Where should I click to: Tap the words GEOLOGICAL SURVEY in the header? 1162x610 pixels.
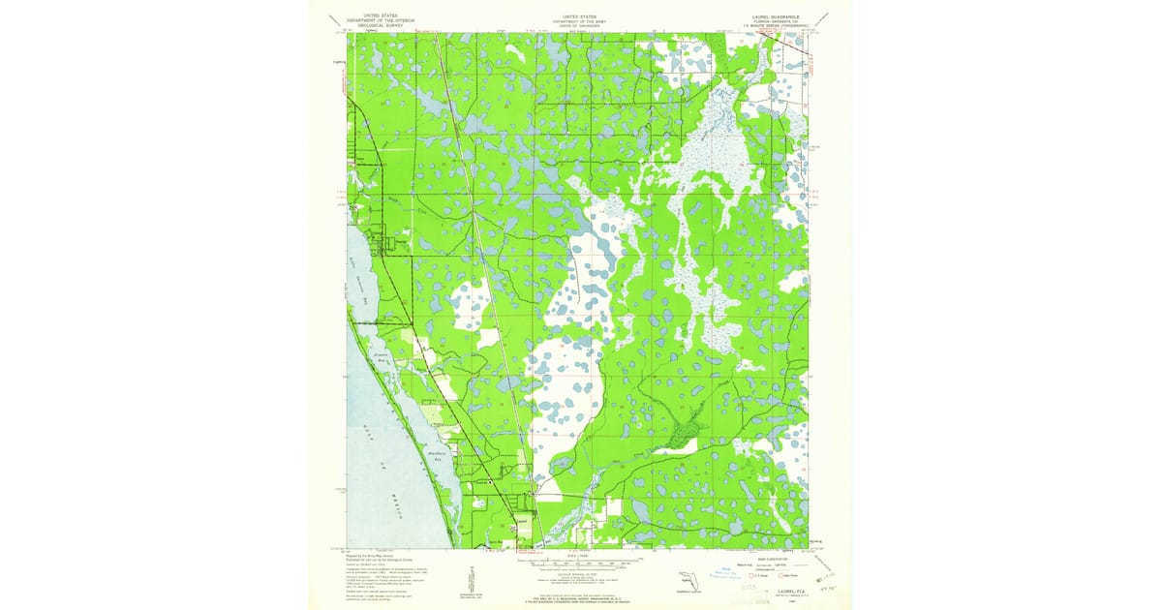coord(380,26)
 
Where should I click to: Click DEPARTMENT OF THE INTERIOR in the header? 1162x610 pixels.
coord(380,21)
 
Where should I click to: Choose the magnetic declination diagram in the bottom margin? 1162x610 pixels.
coord(464,576)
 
